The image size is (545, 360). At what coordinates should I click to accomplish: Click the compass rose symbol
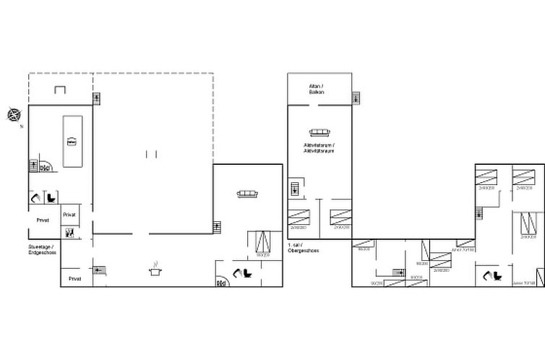click(14, 114)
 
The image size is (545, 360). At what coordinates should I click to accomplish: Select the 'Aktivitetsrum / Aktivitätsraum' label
click(319, 147)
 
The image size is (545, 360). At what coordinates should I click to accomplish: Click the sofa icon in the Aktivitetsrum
click(319, 132)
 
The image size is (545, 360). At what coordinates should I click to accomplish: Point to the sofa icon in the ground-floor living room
click(248, 193)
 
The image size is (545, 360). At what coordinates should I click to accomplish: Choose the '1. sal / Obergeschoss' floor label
click(299, 249)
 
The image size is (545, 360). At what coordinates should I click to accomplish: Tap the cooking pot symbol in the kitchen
click(154, 271)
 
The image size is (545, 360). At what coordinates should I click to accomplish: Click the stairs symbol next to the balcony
click(355, 98)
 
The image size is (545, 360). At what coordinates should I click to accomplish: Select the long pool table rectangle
click(72, 140)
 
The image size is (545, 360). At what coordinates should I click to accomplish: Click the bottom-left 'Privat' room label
click(74, 278)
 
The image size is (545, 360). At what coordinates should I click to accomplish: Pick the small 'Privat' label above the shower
click(69, 215)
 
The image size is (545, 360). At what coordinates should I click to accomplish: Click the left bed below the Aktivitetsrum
click(299, 217)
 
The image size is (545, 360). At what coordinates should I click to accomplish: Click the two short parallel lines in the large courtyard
click(151, 153)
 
